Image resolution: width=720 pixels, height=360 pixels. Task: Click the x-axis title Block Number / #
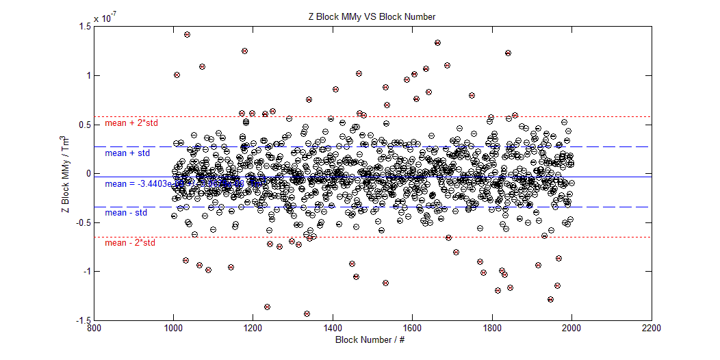pos(372,340)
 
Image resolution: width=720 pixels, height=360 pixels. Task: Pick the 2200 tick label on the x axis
pos(652,329)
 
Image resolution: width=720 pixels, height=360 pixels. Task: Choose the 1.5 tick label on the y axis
pos(85,27)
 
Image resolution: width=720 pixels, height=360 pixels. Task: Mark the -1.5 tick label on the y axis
pos(83,320)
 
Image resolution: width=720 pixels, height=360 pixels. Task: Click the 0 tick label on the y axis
pos(88,174)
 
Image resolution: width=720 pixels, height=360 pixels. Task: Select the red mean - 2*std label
pos(130,243)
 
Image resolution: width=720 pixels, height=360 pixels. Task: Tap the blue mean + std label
pos(127,153)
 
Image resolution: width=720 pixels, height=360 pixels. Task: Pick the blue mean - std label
pos(126,213)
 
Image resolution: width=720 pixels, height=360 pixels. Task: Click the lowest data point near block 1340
pos(307,313)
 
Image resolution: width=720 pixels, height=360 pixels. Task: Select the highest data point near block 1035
pos(187,34)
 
